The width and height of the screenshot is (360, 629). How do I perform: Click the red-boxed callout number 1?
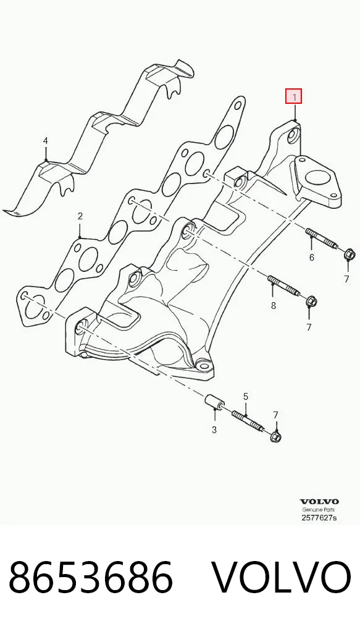[x=295, y=96]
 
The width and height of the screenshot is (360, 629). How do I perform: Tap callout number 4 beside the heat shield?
[x=46, y=141]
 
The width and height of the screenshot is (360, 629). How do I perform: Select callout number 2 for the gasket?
[x=80, y=216]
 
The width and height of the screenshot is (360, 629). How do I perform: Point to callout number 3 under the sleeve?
[x=214, y=429]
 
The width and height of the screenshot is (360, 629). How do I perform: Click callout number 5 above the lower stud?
[x=246, y=397]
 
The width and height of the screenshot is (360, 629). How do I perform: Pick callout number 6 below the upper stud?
[x=312, y=257]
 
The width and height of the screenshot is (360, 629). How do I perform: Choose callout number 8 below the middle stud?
[x=274, y=306]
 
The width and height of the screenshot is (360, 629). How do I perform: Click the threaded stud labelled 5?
[x=248, y=421]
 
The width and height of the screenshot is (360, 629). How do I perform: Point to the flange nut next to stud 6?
[x=348, y=255]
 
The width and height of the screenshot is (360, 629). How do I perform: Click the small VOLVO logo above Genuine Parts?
[x=319, y=502]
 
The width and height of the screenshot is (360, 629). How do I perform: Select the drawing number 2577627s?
[x=319, y=518]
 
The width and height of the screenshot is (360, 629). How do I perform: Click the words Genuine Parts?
[x=319, y=510]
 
